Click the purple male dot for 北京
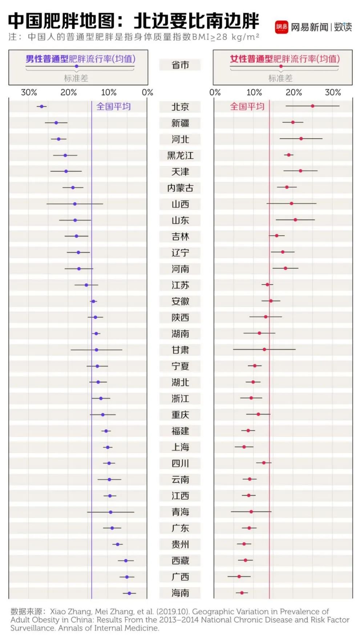pyautogui.click(x=41, y=106)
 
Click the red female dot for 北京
pyautogui.click(x=312, y=106)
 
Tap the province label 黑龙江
pyautogui.click(x=180, y=155)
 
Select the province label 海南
pyautogui.click(x=180, y=593)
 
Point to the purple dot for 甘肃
pyautogui.click(x=96, y=350)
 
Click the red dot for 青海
pyautogui.click(x=251, y=511)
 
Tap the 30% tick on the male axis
pyautogui.click(x=29, y=92)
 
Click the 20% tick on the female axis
pyautogui.click(x=294, y=92)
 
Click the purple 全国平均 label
pyautogui.click(x=113, y=106)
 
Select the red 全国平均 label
pyautogui.click(x=247, y=106)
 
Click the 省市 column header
pyautogui.click(x=180, y=65)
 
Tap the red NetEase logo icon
pyautogui.click(x=282, y=27)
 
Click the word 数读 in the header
pyautogui.click(x=343, y=27)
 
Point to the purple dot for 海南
pyautogui.click(x=129, y=593)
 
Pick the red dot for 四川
pyautogui.click(x=264, y=463)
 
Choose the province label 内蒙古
pyautogui.click(x=180, y=188)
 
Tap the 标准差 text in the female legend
pyautogui.click(x=280, y=78)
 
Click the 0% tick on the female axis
pyautogui.click(x=215, y=92)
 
